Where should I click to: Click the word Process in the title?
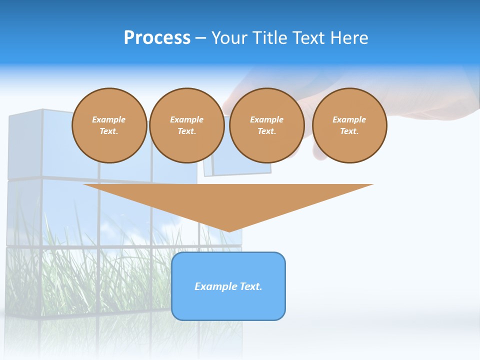[x=157, y=38]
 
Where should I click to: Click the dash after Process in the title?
[x=201, y=38]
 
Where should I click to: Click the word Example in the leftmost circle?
[x=109, y=119]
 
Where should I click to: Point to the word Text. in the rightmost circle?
[x=349, y=131]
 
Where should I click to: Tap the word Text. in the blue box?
[x=251, y=286]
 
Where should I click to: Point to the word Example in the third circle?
[x=267, y=119]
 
